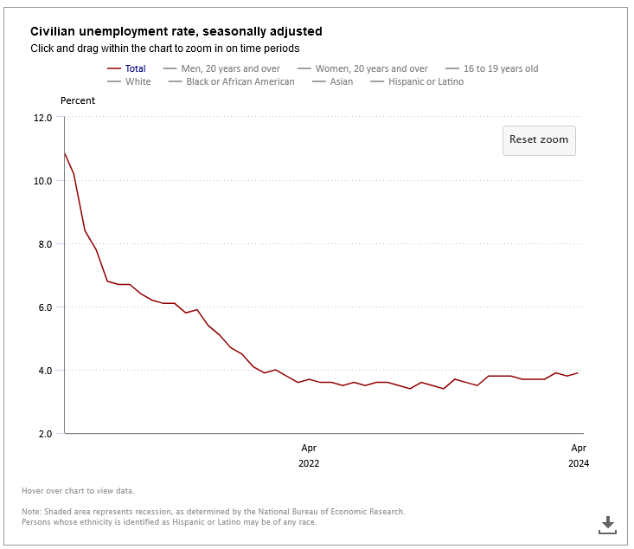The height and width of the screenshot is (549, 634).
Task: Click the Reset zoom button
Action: pos(539,140)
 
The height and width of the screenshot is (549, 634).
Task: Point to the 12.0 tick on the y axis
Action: pos(43,118)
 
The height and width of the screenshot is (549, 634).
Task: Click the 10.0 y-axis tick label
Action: pos(43,181)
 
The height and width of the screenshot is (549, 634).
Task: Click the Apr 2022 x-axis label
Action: pos(309,455)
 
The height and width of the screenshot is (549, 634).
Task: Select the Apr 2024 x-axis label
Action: pos(579,455)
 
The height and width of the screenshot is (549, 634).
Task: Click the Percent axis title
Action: pos(78,100)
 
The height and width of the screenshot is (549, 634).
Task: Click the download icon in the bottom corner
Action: pos(607,524)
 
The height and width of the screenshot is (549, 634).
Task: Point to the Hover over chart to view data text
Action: pos(78,491)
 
